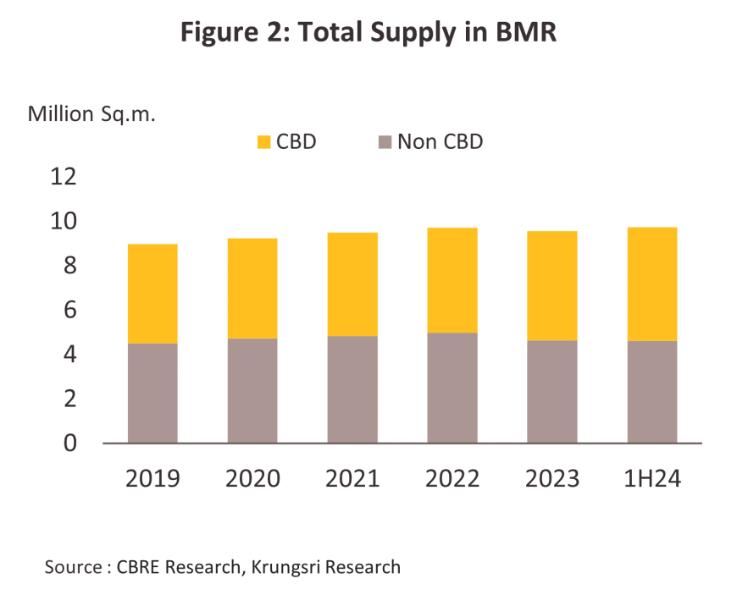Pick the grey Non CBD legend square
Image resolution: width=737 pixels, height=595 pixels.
tap(385, 141)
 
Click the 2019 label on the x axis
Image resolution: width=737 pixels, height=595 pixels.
tap(152, 478)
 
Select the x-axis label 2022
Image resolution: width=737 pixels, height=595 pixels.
tap(452, 478)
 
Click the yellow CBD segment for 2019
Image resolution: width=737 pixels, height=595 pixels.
tap(152, 294)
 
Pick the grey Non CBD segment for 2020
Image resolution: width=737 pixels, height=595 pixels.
tap(252, 390)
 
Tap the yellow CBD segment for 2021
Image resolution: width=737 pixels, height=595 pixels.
tap(352, 284)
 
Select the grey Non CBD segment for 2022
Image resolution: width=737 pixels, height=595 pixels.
tap(452, 388)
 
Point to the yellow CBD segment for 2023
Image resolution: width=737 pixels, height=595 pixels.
tap(552, 286)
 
